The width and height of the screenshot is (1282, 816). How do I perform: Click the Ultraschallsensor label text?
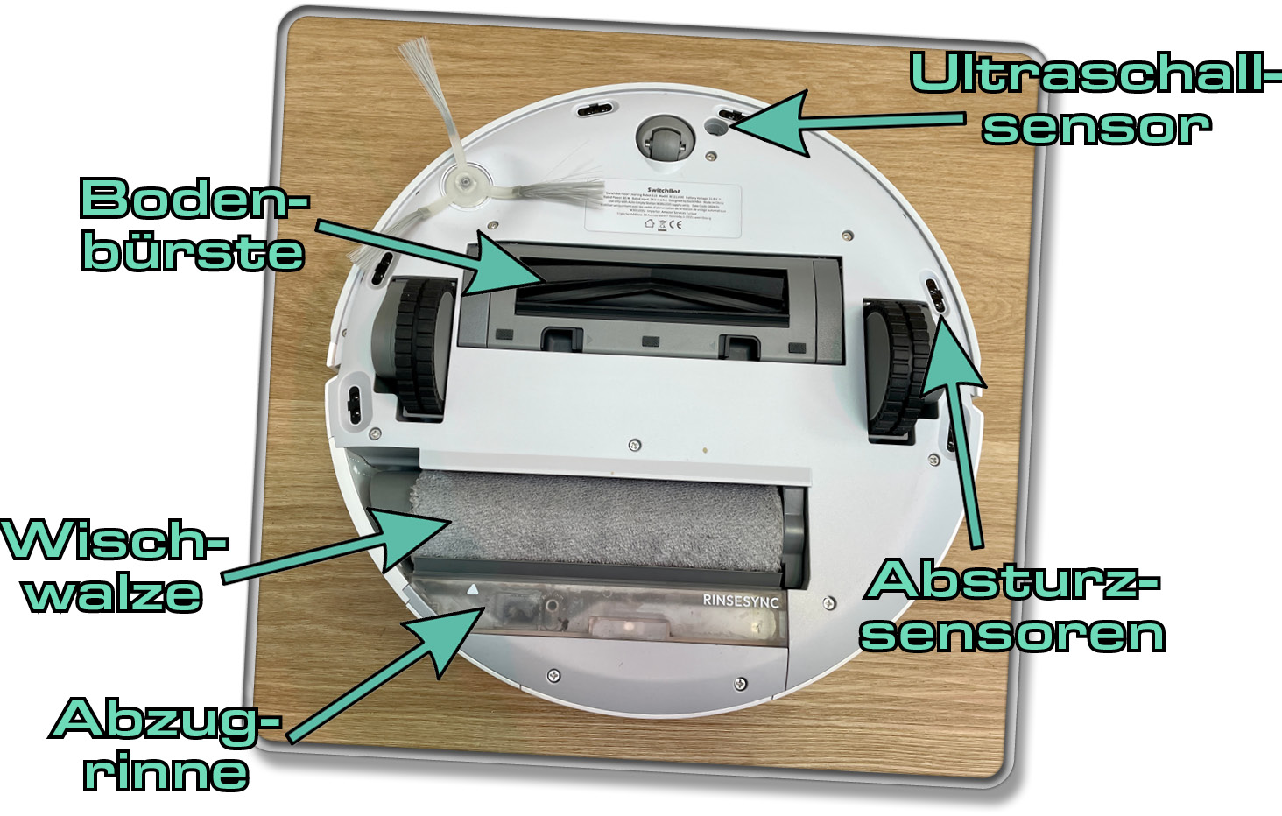click(1095, 98)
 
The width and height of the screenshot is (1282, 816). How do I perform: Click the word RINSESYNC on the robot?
click(741, 601)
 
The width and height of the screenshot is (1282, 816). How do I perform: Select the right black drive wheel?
click(898, 368)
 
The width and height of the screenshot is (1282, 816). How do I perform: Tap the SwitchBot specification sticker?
click(663, 208)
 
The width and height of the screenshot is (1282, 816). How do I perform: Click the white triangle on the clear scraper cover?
click(473, 590)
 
